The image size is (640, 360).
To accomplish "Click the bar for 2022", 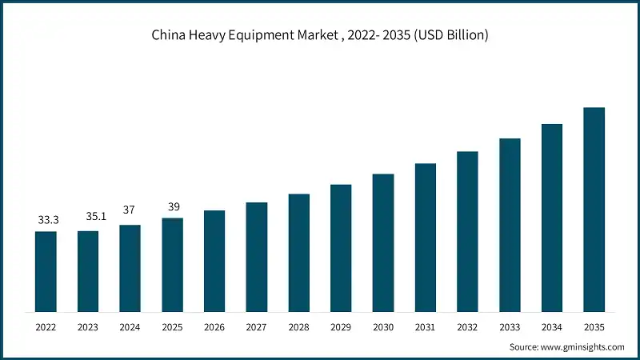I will point(46,271).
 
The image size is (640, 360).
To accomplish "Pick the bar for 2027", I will point(257,257).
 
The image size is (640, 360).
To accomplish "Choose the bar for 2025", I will point(172,265).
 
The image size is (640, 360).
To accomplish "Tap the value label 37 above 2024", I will point(130,210).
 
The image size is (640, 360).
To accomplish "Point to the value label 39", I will point(172,206).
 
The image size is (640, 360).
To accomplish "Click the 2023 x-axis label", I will point(88,327).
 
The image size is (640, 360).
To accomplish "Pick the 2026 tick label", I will point(214,327).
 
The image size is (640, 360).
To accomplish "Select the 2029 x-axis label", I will point(341,327).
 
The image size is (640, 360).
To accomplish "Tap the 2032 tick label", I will point(467,327).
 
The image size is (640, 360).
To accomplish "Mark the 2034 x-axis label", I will point(552,327).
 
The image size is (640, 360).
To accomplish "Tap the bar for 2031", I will point(426,238).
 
